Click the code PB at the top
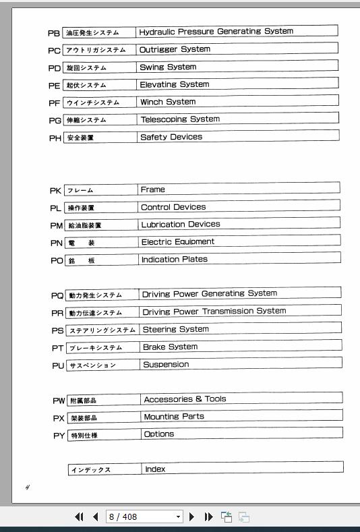pyautogui.click(x=54, y=33)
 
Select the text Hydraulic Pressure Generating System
pyautogui.click(x=216, y=32)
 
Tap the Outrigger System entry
pyautogui.click(x=175, y=49)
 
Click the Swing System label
pyautogui.click(x=168, y=67)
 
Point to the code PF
pyautogui.click(x=55, y=103)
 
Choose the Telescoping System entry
pyautogui.click(x=180, y=119)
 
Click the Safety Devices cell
pyautogui.click(x=171, y=137)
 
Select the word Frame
pyautogui.click(x=153, y=189)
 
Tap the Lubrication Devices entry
pyautogui.click(x=180, y=225)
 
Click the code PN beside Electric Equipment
pyautogui.click(x=56, y=243)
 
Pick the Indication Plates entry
pyautogui.click(x=174, y=260)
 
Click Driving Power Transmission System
pyautogui.click(x=214, y=312)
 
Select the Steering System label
pyautogui.click(x=175, y=330)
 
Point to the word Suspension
pyautogui.click(x=166, y=365)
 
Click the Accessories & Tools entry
pyautogui.click(x=185, y=399)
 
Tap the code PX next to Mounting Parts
pyautogui.click(x=59, y=418)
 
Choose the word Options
pyautogui.click(x=159, y=434)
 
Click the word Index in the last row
pyautogui.click(x=155, y=469)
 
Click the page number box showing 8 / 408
pyautogui.click(x=144, y=517)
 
